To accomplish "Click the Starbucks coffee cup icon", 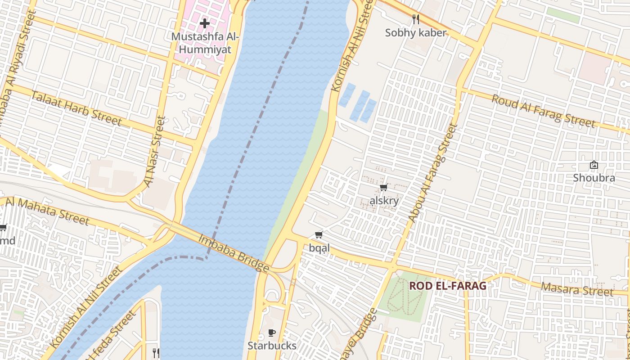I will (x=272, y=333).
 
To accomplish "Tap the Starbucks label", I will (x=272, y=346).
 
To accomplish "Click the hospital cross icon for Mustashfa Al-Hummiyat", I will (x=205, y=23).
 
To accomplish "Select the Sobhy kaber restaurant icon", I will (x=416, y=19).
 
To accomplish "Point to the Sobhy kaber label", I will (x=416, y=33).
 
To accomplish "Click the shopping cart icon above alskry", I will (x=383, y=188).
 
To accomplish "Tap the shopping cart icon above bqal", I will (x=319, y=234).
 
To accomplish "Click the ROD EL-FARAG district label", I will (x=447, y=286).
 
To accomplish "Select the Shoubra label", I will (x=594, y=178).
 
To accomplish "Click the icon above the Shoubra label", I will (x=594, y=165).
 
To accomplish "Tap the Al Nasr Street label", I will (x=155, y=152).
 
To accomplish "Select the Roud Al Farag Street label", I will (x=543, y=111).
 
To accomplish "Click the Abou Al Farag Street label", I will (x=432, y=173).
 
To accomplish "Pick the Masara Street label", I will (x=577, y=289).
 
